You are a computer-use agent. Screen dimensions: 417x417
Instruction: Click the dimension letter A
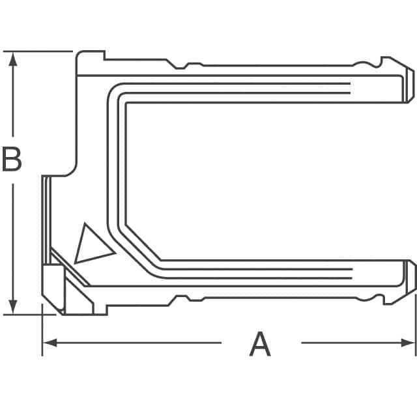pyautogui.click(x=260, y=344)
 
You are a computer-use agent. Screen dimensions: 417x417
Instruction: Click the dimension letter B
pyautogui.click(x=12, y=160)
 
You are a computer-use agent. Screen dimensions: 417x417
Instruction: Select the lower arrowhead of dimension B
pyautogui.click(x=12, y=307)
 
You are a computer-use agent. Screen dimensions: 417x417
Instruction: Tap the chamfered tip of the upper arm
pyautogui.click(x=410, y=85)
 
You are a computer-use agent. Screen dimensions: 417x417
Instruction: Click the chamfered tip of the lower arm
pyautogui.click(x=410, y=276)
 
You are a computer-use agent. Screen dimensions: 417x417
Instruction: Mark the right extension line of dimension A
pyautogui.click(x=415, y=326)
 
